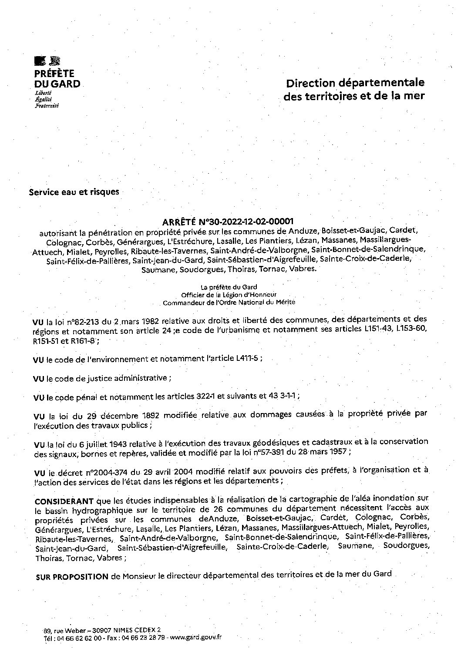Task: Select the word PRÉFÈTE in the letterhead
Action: (54, 74)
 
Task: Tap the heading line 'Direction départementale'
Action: (354, 83)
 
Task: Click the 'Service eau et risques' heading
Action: (74, 192)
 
